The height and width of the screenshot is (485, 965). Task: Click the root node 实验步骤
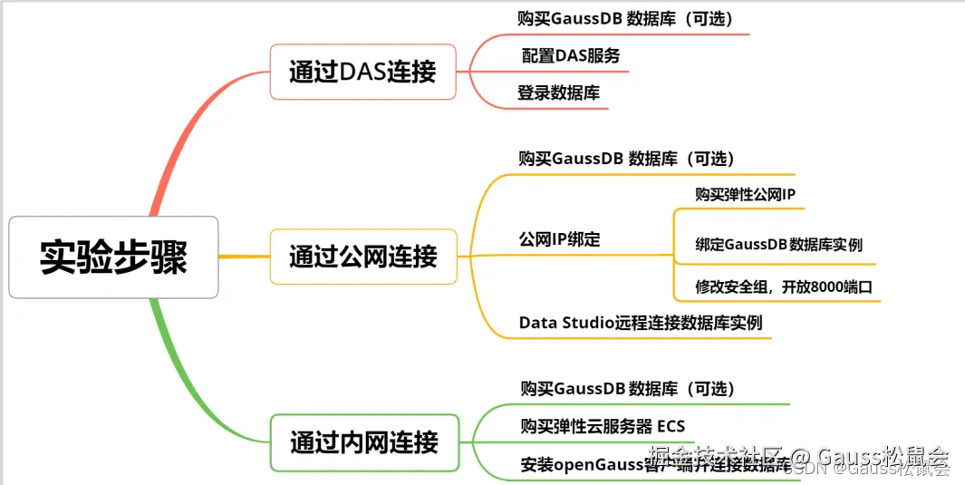pos(113,257)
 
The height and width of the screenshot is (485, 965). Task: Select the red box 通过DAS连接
pos(362,72)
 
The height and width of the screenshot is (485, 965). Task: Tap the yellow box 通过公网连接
pos(362,257)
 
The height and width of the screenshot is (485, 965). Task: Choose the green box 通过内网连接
pos(363,442)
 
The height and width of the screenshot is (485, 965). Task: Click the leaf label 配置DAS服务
pos(571,55)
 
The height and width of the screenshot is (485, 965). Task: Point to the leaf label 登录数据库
pos(558,92)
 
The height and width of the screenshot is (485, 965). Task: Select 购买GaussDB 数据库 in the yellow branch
pos(625,159)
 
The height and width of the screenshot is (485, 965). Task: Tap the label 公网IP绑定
pos(559,240)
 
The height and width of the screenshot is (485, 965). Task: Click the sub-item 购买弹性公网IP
pos(745,194)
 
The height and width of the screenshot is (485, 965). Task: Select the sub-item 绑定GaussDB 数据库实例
pos(778,245)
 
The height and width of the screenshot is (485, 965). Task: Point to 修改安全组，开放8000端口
pos(784,287)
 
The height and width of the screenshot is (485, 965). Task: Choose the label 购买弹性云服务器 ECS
pos(603,426)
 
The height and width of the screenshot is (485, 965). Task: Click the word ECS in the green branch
pos(671,426)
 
